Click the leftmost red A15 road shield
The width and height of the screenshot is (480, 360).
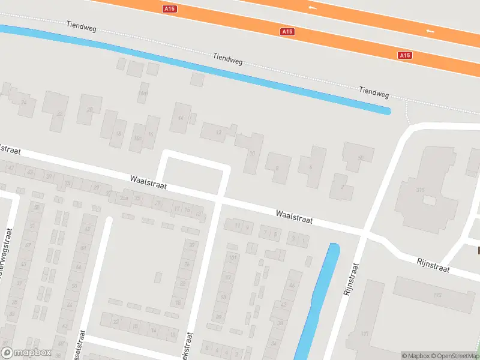(170, 9)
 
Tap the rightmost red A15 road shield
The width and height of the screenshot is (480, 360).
(405, 55)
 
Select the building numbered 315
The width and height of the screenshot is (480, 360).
(420, 190)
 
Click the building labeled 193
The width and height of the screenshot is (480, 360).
(437, 295)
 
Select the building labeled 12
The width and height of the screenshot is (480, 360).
(218, 132)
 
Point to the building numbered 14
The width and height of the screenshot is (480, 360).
(181, 118)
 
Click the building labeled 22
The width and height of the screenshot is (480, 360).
(59, 113)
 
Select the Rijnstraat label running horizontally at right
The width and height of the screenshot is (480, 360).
(433, 265)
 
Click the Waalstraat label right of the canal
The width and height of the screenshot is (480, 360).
(294, 217)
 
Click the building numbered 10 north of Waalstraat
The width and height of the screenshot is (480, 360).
(252, 154)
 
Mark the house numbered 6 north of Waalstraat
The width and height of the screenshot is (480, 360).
(311, 167)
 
